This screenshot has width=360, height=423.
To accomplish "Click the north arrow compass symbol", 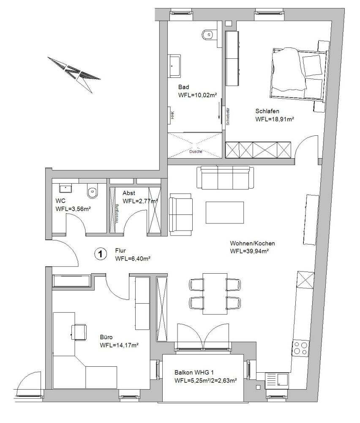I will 74,72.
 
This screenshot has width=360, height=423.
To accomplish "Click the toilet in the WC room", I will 92,191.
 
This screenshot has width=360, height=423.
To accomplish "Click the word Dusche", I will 195,151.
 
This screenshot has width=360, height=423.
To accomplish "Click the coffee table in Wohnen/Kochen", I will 225,212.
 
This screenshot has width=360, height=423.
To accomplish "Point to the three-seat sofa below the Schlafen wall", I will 226,178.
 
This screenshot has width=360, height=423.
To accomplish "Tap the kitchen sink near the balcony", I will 276,380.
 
